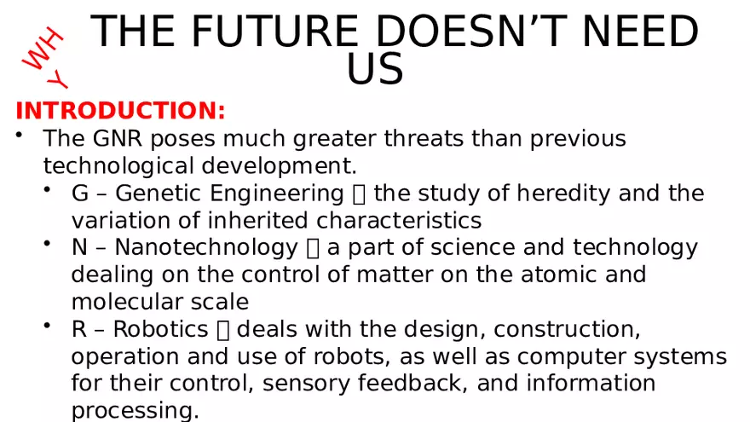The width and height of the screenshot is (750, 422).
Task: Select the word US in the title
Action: [x=375, y=70]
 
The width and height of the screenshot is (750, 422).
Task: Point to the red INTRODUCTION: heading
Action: [x=120, y=112]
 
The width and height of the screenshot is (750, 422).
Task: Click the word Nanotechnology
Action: [x=206, y=248]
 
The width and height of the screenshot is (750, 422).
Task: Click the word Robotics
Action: [x=161, y=330]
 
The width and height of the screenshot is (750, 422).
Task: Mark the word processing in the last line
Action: [x=135, y=412]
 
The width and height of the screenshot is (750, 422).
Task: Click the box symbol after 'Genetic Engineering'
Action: [x=359, y=194]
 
